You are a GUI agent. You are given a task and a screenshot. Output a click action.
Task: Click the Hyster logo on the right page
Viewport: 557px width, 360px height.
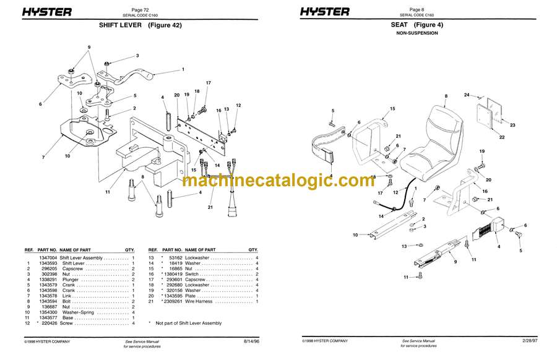[x=325, y=11]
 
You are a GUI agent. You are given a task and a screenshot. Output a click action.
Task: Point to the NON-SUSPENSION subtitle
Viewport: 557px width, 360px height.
[x=417, y=33]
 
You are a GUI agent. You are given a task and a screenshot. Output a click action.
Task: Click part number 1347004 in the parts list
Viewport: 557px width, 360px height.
[x=48, y=257]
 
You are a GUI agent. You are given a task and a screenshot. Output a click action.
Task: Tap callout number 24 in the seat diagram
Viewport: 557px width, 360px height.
[x=468, y=95]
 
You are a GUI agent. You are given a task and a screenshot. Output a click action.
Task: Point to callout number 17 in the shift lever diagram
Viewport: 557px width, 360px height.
[x=209, y=83]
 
